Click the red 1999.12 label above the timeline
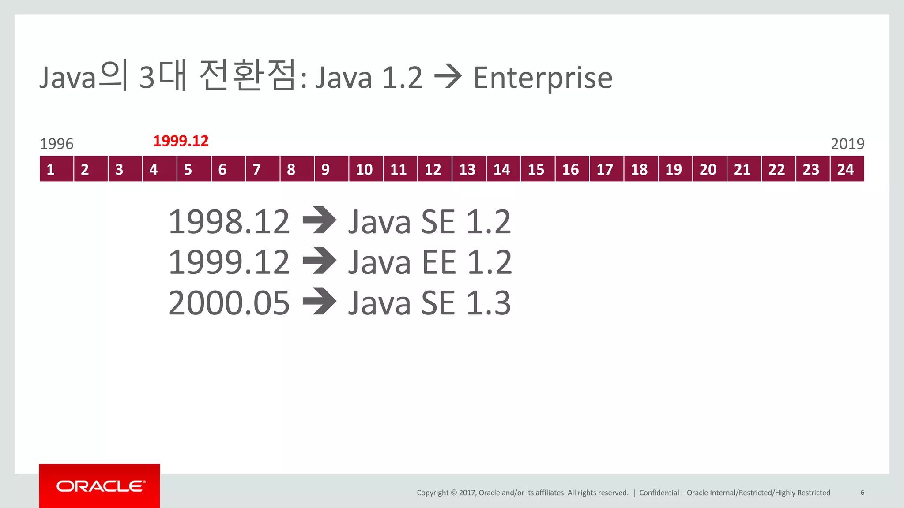(x=181, y=141)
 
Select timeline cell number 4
(x=159, y=169)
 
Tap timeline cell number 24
(x=847, y=169)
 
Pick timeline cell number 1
(x=56, y=169)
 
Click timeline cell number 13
(x=468, y=169)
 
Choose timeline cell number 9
(x=331, y=169)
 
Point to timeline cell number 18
(x=640, y=169)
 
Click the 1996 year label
(x=56, y=144)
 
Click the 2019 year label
(x=847, y=144)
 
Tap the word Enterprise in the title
(x=542, y=78)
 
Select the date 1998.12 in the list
(x=229, y=221)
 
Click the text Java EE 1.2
(x=430, y=262)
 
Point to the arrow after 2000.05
(x=320, y=301)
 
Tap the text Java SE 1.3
(x=429, y=303)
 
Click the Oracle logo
(x=100, y=486)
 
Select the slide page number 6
(x=862, y=493)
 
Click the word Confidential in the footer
(x=659, y=493)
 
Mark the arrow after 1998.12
(x=320, y=220)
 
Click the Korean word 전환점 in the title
(x=247, y=76)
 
